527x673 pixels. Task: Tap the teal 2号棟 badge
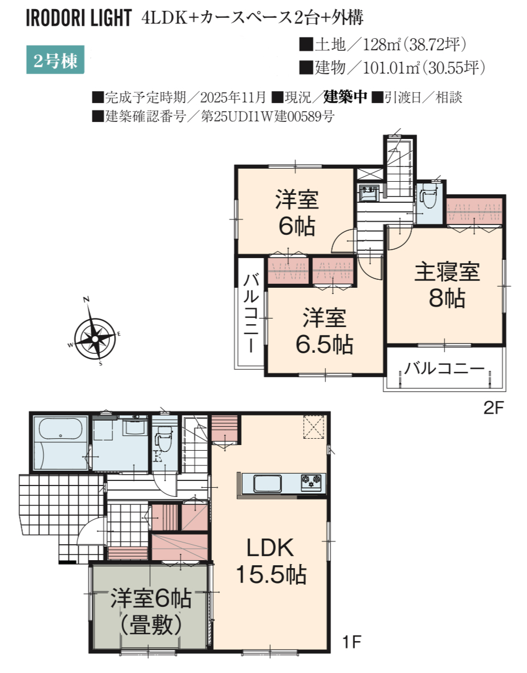(55, 60)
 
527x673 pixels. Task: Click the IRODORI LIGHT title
(79, 18)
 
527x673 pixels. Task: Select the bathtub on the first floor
(61, 429)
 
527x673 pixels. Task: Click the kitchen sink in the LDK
(268, 484)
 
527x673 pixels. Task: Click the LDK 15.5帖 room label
(271, 561)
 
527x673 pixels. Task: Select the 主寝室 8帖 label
(447, 285)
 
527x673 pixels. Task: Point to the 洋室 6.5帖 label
(324, 331)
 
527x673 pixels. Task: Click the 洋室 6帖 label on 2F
(297, 213)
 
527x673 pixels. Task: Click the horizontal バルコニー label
(444, 368)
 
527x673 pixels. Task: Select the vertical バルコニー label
(251, 313)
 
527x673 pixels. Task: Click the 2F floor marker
(493, 408)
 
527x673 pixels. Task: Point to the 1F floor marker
(352, 642)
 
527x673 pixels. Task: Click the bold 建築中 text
(345, 97)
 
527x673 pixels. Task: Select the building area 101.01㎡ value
(391, 67)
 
